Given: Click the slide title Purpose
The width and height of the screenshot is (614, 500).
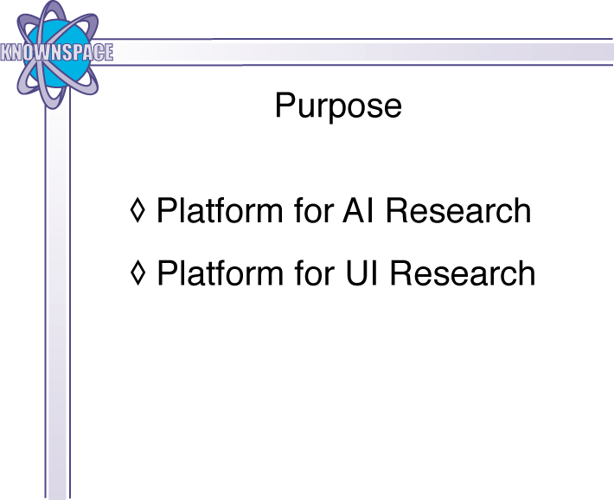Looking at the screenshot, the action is (x=338, y=106).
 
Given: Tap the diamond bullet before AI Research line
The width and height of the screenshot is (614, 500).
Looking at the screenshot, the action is (x=138, y=210).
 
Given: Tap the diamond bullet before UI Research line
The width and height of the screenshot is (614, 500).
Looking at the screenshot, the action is (x=138, y=272).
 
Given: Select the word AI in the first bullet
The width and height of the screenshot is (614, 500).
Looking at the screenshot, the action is (x=359, y=210).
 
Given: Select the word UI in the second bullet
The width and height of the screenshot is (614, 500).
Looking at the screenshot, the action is (x=361, y=273).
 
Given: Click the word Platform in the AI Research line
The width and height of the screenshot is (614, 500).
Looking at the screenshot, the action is (x=220, y=210).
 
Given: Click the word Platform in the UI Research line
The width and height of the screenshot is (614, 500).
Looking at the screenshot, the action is (x=220, y=273).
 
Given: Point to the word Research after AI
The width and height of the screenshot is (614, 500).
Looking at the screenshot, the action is (x=458, y=210).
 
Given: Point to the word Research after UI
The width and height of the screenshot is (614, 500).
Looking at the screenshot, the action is (x=463, y=273).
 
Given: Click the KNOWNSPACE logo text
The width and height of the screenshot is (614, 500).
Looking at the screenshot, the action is (x=57, y=52).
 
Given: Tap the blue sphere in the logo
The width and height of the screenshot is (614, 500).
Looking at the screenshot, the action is (x=57, y=54).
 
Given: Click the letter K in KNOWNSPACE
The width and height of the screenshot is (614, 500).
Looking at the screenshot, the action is (x=5, y=52).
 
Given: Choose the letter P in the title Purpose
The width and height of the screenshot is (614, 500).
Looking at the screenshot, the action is (x=284, y=105).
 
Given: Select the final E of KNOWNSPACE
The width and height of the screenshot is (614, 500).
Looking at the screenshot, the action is (x=109, y=52).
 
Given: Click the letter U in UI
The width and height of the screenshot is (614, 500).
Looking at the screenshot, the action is (x=357, y=273).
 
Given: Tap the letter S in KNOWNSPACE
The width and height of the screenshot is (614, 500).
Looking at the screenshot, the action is (x=65, y=52).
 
